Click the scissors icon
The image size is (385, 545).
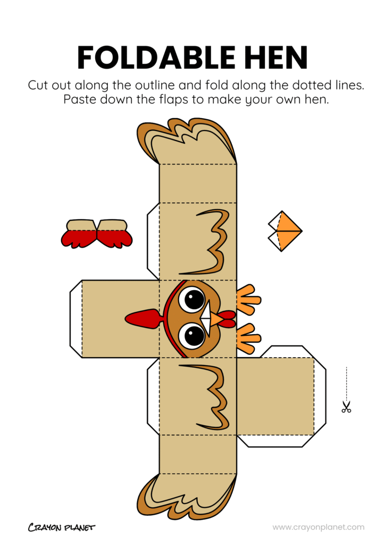click(x=346, y=408)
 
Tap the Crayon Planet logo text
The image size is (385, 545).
click(x=61, y=527)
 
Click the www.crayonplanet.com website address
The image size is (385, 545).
click(x=319, y=527)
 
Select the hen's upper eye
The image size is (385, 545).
click(x=191, y=299)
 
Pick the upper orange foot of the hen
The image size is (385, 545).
click(x=248, y=300)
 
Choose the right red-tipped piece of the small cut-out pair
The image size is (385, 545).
click(x=114, y=234)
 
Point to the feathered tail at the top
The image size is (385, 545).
click(x=186, y=141)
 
